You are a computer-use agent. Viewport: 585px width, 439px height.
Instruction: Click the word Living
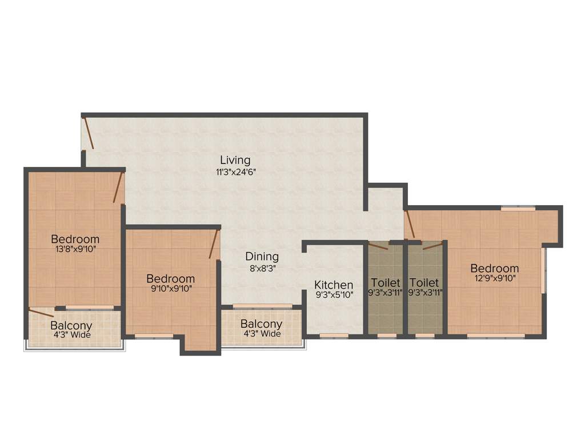click(235, 160)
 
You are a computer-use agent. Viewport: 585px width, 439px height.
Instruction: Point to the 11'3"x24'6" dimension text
click(235, 171)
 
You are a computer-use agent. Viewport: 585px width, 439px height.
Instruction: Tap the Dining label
click(262, 257)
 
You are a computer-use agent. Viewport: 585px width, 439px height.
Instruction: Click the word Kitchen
click(334, 285)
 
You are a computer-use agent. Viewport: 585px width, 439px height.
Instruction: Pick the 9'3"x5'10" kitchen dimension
click(334, 296)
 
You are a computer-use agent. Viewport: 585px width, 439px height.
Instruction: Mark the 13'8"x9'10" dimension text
click(75, 249)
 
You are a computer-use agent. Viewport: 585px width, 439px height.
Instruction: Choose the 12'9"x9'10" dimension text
click(495, 278)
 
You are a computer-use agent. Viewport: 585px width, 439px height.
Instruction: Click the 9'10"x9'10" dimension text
click(170, 289)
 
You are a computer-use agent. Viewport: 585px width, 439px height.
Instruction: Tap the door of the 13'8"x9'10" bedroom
click(118, 188)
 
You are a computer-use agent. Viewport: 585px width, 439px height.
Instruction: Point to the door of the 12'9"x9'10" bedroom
click(410, 225)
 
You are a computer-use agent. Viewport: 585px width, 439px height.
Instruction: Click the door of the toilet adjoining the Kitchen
click(378, 246)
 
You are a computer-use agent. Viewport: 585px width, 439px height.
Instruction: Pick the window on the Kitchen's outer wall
click(334, 336)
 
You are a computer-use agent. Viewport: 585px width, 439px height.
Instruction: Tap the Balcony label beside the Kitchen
click(261, 324)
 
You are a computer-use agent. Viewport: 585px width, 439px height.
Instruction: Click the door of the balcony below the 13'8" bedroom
click(42, 312)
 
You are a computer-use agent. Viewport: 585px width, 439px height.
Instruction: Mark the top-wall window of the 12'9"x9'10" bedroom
click(518, 209)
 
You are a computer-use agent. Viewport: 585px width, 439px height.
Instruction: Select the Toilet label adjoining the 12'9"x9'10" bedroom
click(424, 283)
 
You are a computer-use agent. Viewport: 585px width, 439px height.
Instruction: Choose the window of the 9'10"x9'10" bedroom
click(154, 336)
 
